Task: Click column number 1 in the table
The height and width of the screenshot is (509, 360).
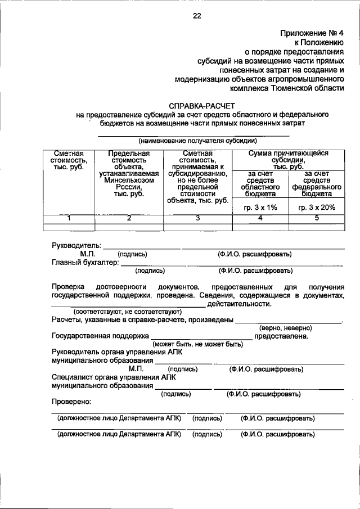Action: coord(69,219)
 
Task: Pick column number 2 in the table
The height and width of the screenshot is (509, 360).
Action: coord(128,219)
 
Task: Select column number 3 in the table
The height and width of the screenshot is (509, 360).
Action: coord(197,219)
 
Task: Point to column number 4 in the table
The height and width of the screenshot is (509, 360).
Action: coord(260,219)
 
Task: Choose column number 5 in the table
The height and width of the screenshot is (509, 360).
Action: coord(317,219)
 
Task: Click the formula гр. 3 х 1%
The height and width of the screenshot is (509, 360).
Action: coord(260,208)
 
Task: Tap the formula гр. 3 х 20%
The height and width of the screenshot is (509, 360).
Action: coord(317,208)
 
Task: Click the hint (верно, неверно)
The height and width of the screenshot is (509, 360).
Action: coord(285,327)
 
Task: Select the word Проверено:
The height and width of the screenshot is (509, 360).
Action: coord(71,402)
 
